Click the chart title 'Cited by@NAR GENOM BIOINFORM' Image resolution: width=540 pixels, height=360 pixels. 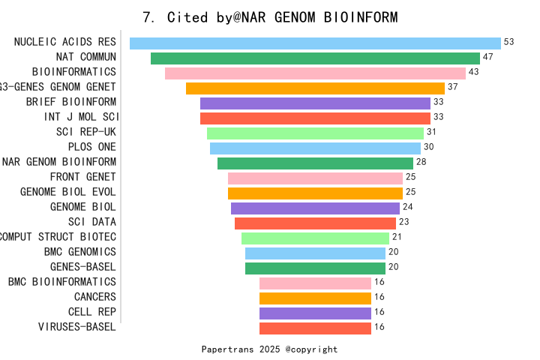coord(270,17)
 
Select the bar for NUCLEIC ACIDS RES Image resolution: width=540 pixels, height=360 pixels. coord(315,43)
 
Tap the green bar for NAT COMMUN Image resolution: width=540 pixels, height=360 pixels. coord(315,58)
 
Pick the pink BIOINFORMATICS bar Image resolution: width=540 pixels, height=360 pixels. coord(315,73)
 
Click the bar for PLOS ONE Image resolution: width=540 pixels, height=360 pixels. coord(315,148)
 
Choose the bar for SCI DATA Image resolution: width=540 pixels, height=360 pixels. coord(315,223)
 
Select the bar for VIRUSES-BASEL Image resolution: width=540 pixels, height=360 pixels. coord(315,328)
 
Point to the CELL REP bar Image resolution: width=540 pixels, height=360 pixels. coord(315,313)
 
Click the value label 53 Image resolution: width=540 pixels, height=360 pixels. coord(509,42)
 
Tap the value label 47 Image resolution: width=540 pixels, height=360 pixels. coord(488,57)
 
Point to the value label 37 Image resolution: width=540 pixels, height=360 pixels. coord(453,87)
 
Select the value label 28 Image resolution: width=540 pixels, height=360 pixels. coord(421,162)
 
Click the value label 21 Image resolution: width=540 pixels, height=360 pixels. coord(397,237)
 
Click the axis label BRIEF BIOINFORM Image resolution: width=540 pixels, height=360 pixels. coord(71,102)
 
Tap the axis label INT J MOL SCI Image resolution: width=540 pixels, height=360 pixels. coord(80,117)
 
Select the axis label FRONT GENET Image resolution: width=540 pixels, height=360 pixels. coord(83,177)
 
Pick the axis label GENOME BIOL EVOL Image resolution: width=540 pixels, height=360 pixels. coord(68,192)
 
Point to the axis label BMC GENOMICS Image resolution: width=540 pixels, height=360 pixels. coord(80,252)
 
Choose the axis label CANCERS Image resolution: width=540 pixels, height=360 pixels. coord(95,297)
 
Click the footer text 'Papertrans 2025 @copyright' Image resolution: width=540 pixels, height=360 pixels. coord(270,349)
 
